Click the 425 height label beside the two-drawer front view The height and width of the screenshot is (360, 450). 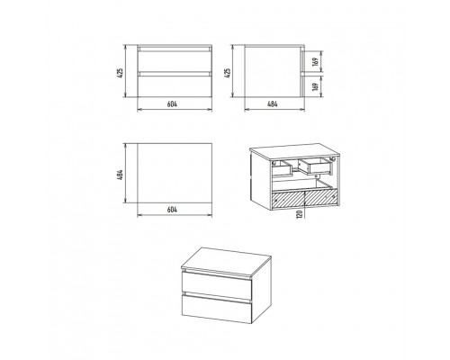click(120, 73)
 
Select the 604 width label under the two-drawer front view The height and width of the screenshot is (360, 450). click(172, 104)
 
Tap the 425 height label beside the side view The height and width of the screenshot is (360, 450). click(228, 73)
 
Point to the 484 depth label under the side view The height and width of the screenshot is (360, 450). click(273, 104)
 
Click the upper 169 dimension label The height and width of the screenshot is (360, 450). click(315, 62)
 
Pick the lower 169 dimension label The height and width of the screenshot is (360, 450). click(315, 86)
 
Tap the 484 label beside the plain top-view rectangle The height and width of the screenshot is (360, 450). click(120, 175)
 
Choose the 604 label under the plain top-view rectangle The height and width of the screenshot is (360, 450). click(172, 210)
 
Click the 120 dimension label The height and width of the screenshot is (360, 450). click(300, 214)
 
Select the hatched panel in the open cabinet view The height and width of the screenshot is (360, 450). click(304, 199)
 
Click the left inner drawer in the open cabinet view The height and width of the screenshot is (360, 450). click(282, 167)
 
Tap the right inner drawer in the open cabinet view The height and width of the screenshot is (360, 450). click(316, 166)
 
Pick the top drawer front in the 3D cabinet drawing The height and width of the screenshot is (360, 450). click(217, 285)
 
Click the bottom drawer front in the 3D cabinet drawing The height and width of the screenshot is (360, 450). click(217, 309)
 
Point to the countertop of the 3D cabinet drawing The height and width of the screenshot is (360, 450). click(227, 261)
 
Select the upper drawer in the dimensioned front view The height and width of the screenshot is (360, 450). click(175, 61)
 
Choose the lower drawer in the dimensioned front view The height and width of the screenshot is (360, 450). click(175, 86)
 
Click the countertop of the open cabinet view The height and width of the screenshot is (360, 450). click(295, 150)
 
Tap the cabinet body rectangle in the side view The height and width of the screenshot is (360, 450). click(273, 72)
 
